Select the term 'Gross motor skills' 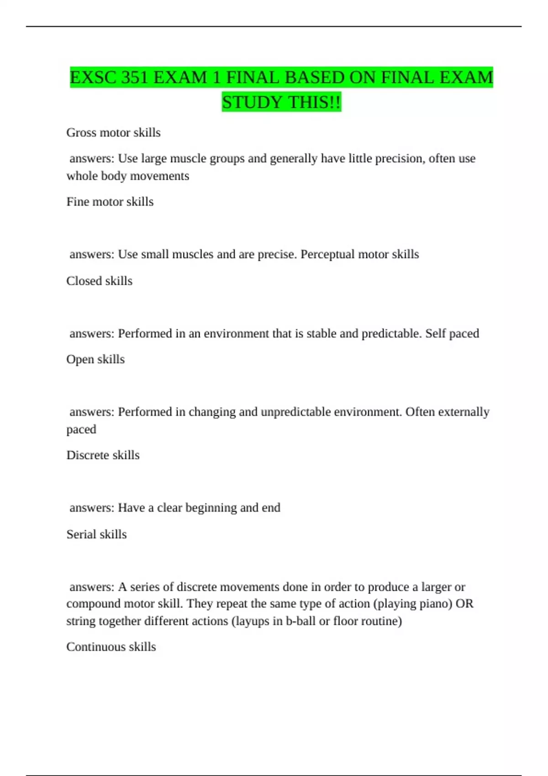click(113, 132)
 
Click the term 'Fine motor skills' click(110, 202)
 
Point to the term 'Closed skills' click(99, 281)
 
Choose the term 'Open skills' click(95, 359)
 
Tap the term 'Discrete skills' click(103, 455)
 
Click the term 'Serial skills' click(96, 534)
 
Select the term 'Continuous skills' click(111, 647)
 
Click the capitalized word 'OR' click(465, 603)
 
